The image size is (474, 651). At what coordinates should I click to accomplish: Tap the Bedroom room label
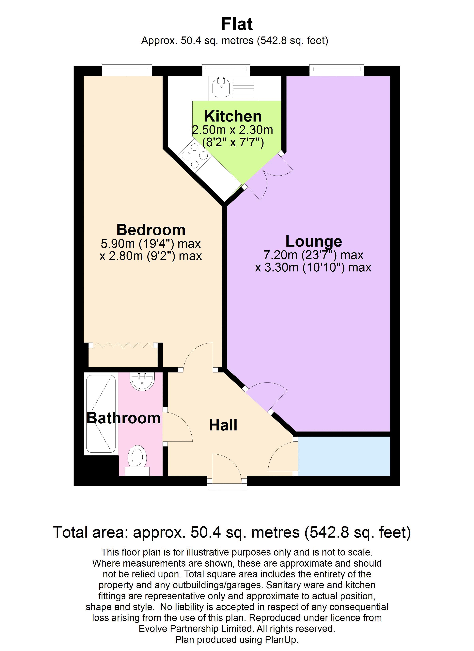pos(151,230)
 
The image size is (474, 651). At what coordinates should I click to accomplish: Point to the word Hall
pos(223,425)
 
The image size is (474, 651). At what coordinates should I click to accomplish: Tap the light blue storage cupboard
pos(344,456)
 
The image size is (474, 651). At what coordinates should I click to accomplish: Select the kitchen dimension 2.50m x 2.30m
pos(232,130)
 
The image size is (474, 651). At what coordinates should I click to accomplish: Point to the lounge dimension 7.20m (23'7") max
pos(313,255)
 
